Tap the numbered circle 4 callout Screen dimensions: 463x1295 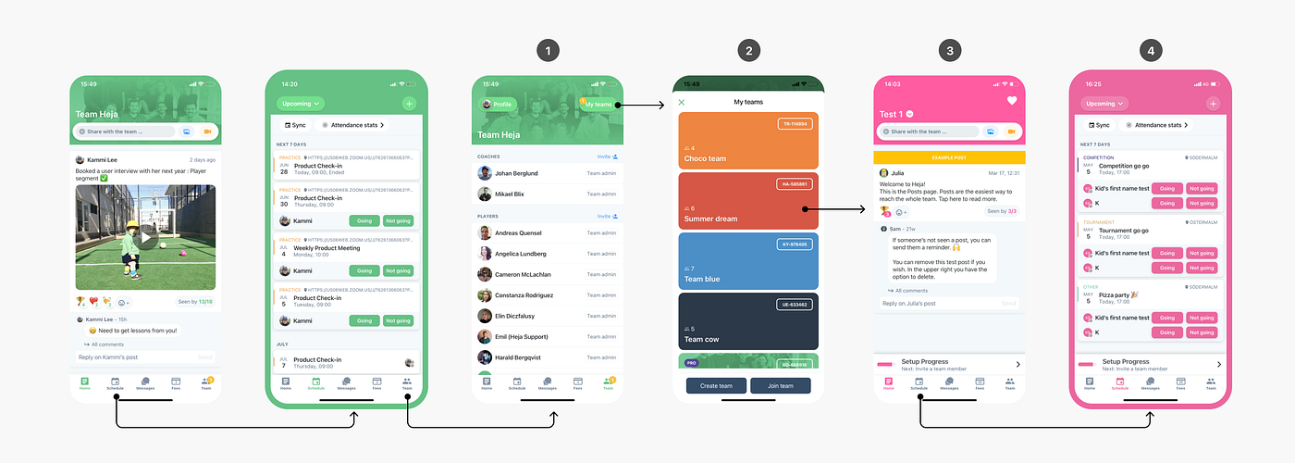tap(1150, 51)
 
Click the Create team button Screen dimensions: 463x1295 tap(716, 385)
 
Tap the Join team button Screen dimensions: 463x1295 tap(780, 385)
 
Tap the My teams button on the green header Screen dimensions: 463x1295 tap(598, 105)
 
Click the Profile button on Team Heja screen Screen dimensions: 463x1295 tap(498, 105)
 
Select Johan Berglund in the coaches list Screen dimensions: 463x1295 tap(515, 172)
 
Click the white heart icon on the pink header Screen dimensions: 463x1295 tap(1012, 101)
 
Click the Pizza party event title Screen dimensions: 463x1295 tap(1121, 294)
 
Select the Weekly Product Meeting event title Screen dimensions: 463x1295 tap(326, 247)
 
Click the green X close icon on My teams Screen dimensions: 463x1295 tap(682, 102)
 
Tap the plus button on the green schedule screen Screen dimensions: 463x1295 tap(410, 104)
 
